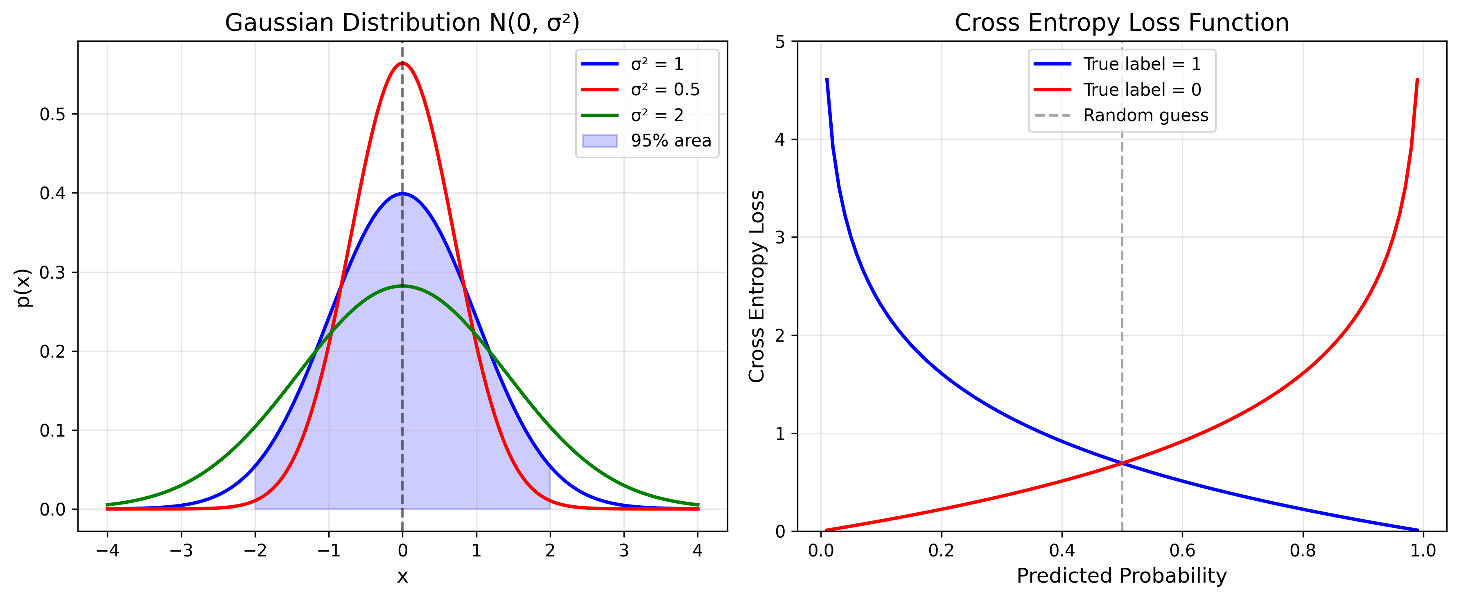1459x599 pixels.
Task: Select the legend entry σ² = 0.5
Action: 665,90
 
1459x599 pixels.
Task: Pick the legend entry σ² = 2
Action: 657,115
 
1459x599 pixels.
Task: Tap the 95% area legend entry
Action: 671,140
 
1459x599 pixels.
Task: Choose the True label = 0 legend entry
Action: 1142,90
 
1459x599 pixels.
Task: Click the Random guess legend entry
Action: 1145,115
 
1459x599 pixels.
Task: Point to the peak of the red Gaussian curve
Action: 402,63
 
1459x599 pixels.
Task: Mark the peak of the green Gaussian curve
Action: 402,286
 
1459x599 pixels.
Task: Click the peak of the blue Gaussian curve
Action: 402,194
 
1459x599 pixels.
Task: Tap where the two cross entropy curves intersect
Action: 1122,463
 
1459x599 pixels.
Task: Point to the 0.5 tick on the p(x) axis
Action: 52,115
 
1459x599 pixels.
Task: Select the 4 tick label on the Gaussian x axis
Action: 698,550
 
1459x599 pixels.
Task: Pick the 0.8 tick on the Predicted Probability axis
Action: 1303,550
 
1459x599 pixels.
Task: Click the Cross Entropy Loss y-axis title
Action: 757,286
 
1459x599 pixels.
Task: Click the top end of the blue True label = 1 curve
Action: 827,79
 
